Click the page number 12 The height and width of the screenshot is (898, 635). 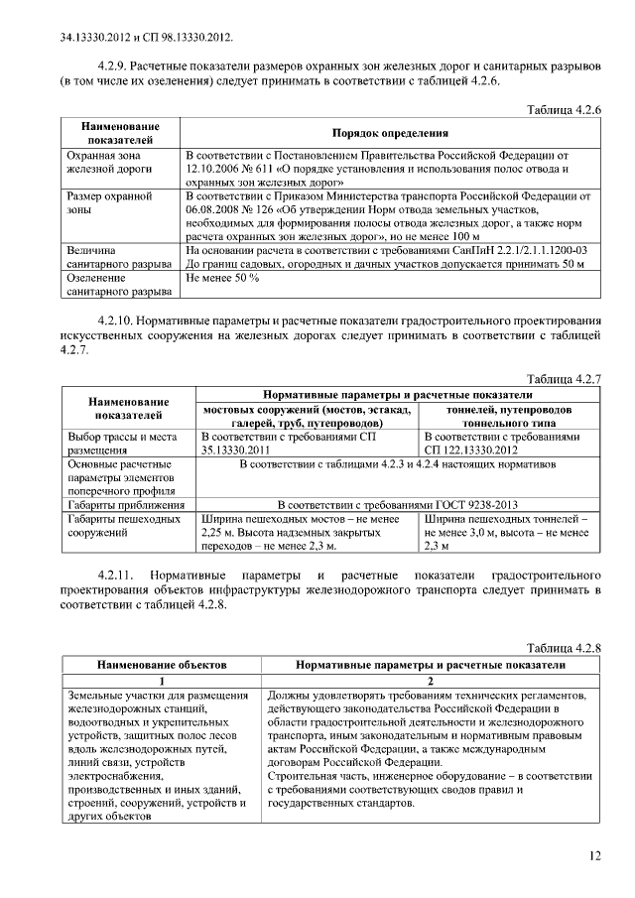click(594, 856)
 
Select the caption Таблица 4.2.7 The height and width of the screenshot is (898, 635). click(566, 380)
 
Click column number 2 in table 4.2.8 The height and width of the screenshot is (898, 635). click(431, 682)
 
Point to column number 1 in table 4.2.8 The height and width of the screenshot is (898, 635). click(162, 682)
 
